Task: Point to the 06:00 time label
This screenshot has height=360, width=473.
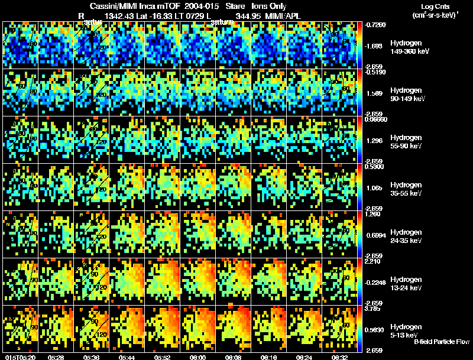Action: (197, 357)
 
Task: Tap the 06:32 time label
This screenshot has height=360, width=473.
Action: (339, 357)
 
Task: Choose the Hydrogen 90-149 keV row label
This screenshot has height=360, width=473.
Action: (407, 95)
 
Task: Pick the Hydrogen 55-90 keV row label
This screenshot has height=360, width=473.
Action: (406, 142)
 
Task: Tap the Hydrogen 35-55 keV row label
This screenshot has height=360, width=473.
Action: (406, 189)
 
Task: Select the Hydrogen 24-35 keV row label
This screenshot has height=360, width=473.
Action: (406, 236)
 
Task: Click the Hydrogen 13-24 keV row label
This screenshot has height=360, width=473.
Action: (406, 284)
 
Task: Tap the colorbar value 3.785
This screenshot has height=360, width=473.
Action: (374, 308)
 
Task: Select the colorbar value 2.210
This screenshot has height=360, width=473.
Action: (374, 261)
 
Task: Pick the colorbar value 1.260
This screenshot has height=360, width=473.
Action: (374, 214)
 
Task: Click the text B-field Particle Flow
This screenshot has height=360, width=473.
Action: (442, 342)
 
